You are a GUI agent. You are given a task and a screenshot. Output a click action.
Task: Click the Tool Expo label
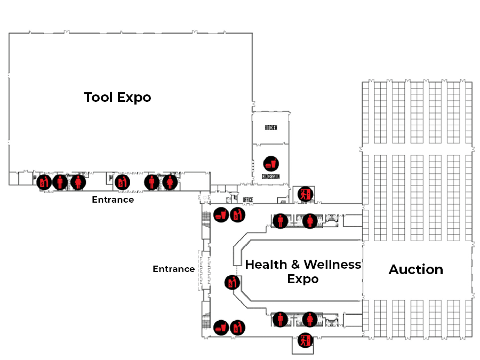[117, 98]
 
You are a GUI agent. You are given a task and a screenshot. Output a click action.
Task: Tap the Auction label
[415, 269]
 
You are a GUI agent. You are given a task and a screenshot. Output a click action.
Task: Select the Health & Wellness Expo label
[303, 271]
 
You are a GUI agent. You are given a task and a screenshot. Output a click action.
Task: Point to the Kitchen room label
[271, 128]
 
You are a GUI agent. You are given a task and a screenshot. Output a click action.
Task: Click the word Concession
[271, 177]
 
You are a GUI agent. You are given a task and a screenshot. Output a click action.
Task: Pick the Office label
[247, 200]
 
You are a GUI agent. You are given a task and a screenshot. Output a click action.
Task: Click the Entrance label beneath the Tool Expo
[113, 199]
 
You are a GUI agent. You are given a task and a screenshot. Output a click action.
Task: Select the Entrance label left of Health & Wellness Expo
[173, 269]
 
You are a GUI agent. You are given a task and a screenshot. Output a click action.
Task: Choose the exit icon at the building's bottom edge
[305, 340]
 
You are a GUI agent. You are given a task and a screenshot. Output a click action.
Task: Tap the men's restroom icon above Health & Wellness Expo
[280, 220]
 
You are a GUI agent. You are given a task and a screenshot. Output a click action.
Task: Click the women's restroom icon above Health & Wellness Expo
[310, 220]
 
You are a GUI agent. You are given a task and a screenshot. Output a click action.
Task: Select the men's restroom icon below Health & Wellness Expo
[280, 319]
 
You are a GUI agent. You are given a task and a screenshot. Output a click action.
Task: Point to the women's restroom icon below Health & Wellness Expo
[310, 319]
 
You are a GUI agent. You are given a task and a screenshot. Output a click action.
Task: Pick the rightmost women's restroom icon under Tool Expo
[170, 182]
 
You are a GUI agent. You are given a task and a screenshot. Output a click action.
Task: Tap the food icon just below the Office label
[221, 215]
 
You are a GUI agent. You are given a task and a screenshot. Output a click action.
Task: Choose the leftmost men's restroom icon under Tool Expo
[60, 182]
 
